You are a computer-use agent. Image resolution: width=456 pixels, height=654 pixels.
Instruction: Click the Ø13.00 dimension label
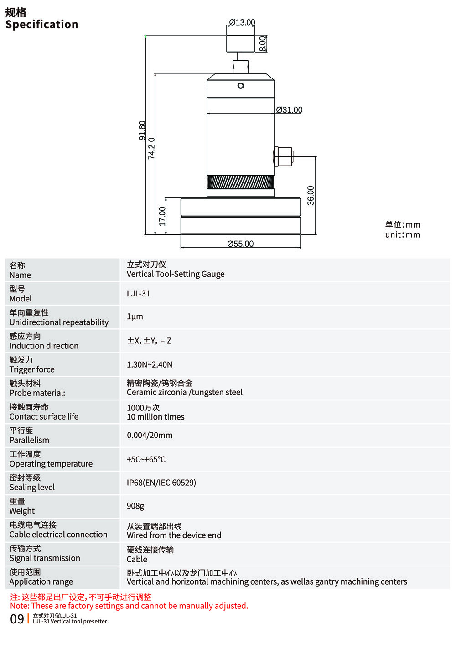pyautogui.click(x=242, y=22)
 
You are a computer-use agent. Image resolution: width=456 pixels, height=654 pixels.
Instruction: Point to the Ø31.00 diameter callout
pyautogui.click(x=289, y=110)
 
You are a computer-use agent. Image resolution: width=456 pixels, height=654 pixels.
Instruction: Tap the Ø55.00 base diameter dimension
pyautogui.click(x=240, y=244)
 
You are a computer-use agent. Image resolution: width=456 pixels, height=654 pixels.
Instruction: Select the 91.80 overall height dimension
pyautogui.click(x=142, y=130)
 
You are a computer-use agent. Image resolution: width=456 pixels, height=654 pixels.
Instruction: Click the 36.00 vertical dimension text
pyautogui.click(x=311, y=195)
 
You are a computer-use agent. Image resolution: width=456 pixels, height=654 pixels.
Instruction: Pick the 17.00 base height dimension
pyautogui.click(x=162, y=216)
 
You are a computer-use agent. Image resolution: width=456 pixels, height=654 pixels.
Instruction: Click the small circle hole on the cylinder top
pyautogui.click(x=241, y=86)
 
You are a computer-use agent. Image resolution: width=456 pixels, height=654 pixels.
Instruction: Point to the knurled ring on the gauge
pyautogui.click(x=241, y=182)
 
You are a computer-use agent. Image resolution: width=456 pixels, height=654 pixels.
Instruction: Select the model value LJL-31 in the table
pyautogui.click(x=138, y=293)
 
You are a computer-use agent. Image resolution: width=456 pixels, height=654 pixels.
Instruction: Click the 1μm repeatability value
pyautogui.click(x=135, y=317)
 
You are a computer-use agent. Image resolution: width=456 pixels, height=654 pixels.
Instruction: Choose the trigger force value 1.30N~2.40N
pyautogui.click(x=150, y=364)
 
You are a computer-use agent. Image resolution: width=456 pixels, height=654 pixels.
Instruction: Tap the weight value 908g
pyautogui.click(x=135, y=506)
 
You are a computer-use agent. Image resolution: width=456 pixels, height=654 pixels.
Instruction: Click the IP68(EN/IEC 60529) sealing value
pyautogui.click(x=161, y=483)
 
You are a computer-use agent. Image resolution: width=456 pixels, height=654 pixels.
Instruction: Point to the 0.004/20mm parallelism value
pyautogui.click(x=150, y=435)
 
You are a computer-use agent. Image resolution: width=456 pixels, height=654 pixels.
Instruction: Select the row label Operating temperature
pyautogui.click(x=51, y=464)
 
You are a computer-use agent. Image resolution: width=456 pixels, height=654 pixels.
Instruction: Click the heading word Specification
pyautogui.click(x=42, y=25)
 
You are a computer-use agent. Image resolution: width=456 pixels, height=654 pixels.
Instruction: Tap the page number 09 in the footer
pyautogui.click(x=17, y=619)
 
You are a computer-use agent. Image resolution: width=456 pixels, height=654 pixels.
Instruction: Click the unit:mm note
pyautogui.click(x=403, y=235)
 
